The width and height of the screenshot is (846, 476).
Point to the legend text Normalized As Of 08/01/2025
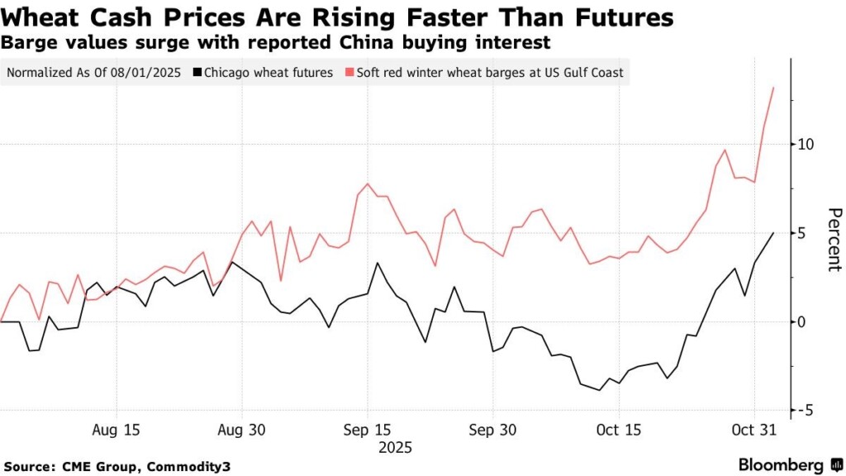pyautogui.click(x=93, y=73)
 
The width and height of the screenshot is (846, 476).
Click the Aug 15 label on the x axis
pyautogui.click(x=116, y=430)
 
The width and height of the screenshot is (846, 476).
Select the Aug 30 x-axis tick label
pyautogui.click(x=242, y=430)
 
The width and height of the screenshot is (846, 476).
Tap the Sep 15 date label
pyautogui.click(x=367, y=430)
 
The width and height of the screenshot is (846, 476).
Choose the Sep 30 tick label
pyautogui.click(x=492, y=430)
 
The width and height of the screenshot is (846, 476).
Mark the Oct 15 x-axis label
pyautogui.click(x=617, y=430)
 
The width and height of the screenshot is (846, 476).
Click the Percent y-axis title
pyautogui.click(x=834, y=240)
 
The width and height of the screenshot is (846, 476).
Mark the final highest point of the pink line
pyautogui.click(x=772, y=87)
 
